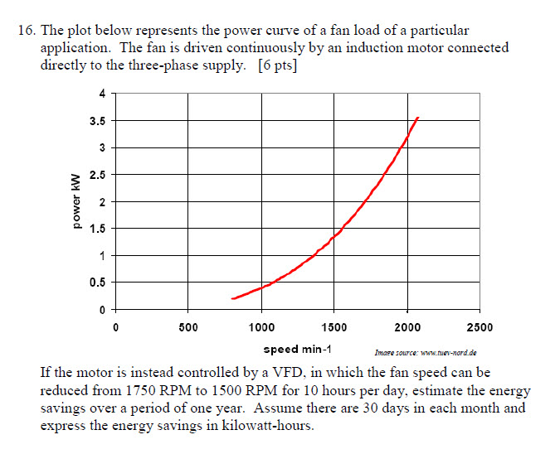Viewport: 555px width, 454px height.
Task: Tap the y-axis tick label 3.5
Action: point(98,121)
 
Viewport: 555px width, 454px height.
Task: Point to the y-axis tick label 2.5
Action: point(98,175)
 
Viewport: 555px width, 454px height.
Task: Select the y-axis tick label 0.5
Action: point(98,283)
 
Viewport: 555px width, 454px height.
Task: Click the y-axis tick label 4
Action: point(103,94)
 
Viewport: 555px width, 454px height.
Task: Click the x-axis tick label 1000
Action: point(261,327)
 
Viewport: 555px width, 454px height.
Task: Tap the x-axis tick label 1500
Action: point(334,327)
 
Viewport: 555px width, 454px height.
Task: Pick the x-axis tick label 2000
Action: point(407,327)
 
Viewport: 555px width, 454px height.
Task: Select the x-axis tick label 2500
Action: point(480,327)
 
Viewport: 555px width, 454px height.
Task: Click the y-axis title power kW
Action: point(75,201)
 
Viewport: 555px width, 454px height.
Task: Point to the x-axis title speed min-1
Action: point(298,349)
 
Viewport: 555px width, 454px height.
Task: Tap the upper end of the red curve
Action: point(418,118)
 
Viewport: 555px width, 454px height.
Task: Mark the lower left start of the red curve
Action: point(232,298)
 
